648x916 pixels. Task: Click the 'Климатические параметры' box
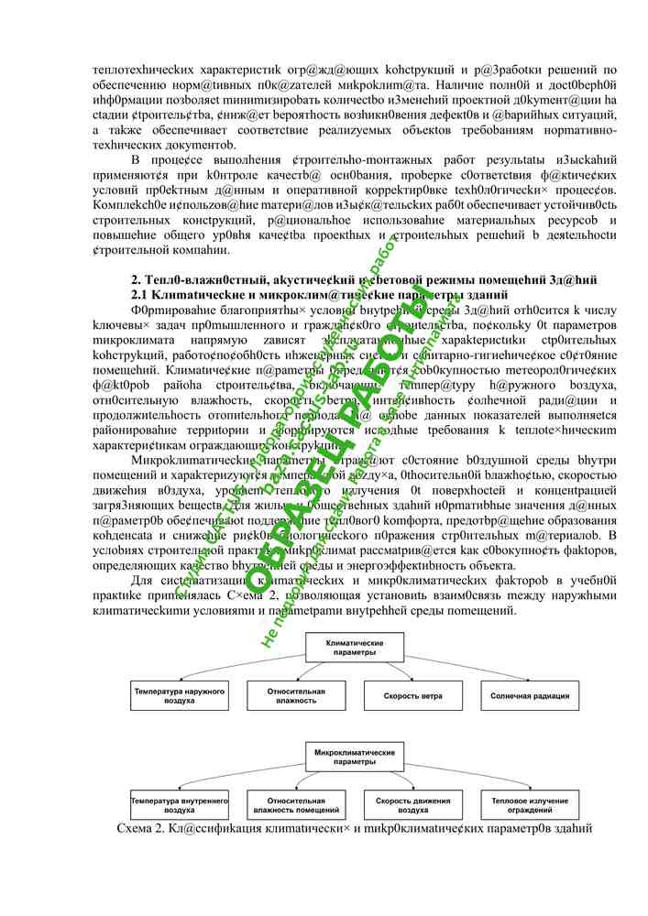click(x=351, y=649)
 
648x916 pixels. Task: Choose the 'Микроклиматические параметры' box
click(x=351, y=757)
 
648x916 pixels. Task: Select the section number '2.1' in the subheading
click(x=140, y=295)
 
